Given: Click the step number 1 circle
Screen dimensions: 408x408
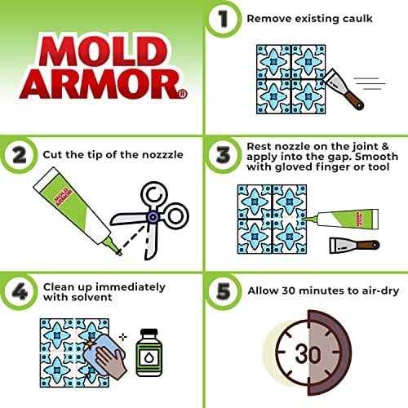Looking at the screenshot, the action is tap(223, 19).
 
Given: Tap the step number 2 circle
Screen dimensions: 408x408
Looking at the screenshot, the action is tap(19, 155).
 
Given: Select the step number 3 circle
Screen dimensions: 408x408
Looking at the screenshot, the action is tap(223, 155).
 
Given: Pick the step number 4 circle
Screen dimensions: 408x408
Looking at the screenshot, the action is tap(19, 291).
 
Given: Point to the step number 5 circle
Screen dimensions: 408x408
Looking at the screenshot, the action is tap(223, 291).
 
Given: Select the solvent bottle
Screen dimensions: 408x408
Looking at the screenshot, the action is tap(149, 353).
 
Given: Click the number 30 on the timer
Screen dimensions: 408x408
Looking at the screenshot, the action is tap(308, 353).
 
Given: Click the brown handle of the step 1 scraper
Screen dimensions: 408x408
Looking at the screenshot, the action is tap(353, 100).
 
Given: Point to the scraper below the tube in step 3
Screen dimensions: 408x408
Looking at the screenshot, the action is tap(354, 246).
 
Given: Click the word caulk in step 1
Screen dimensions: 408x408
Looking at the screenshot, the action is tap(357, 19).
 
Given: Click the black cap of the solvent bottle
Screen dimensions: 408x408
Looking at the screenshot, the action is tap(149, 332).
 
